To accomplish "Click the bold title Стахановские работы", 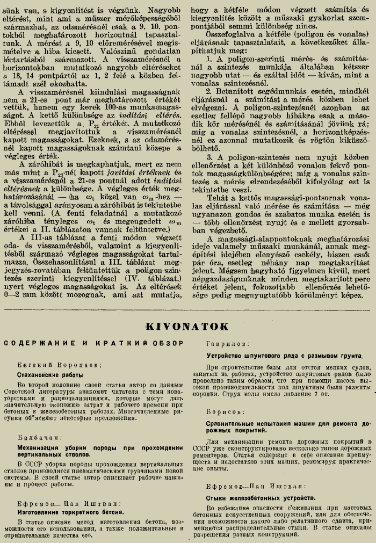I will click(x=48, y=375).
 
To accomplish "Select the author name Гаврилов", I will click(x=225, y=342).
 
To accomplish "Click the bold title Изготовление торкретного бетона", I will click(x=70, y=511).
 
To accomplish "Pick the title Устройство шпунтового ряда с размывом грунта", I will click(x=284, y=355).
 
